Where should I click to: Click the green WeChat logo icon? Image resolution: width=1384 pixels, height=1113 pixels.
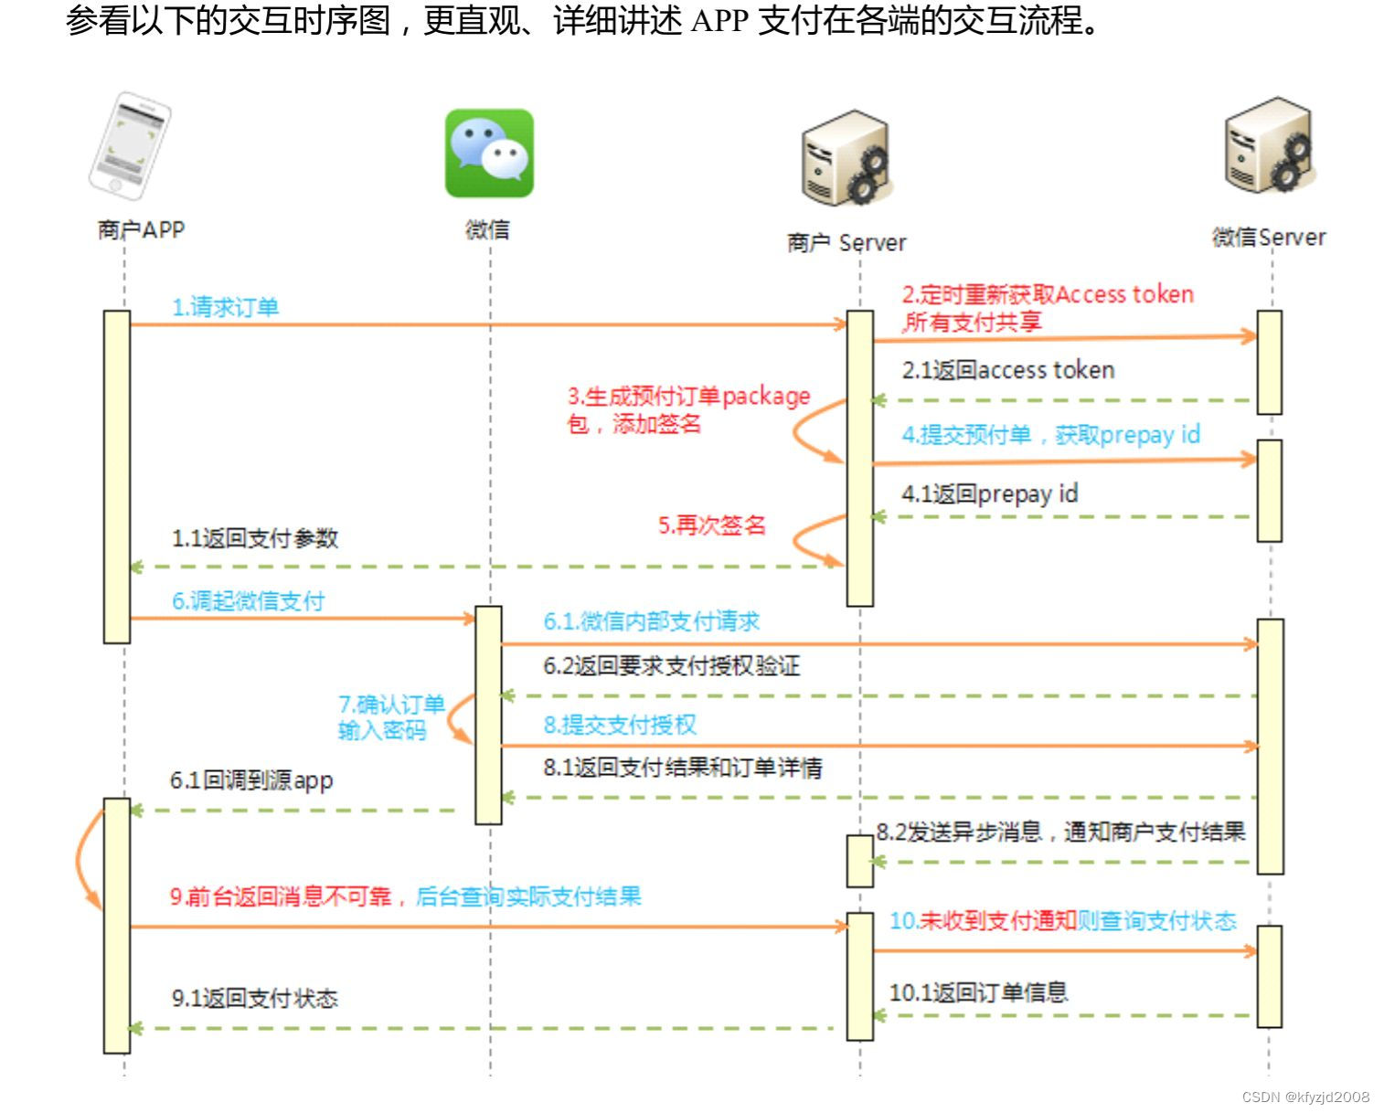[x=489, y=154]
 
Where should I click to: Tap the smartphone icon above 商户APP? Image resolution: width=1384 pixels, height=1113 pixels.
[x=129, y=144]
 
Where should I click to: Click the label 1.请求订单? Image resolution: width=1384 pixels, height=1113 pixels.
[x=225, y=307]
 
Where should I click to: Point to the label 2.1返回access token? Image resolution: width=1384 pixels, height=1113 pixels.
[x=1007, y=370]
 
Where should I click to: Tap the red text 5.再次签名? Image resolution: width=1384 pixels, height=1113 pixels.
[x=711, y=525]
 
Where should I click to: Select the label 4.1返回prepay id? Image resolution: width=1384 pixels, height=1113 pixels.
[x=989, y=494]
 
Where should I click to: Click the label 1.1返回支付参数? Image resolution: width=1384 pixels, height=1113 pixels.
[x=254, y=538]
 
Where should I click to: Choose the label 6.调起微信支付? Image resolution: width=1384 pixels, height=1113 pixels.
[x=248, y=600]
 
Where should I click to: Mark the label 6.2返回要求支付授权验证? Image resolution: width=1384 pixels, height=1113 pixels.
[x=671, y=666]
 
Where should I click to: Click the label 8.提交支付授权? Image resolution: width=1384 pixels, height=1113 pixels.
[x=620, y=725]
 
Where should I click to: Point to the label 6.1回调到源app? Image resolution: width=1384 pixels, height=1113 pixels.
[x=251, y=780]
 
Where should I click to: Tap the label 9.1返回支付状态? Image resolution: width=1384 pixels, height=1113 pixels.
[x=254, y=998]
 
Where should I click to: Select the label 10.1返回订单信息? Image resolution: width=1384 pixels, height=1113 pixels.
[x=978, y=992]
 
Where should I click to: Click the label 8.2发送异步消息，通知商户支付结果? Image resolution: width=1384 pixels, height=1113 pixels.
[x=1060, y=832]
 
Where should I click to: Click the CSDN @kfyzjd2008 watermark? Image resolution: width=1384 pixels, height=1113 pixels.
[x=1304, y=1097]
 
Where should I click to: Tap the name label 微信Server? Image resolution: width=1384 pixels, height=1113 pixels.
[x=1268, y=238]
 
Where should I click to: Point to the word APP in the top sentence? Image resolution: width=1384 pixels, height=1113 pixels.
[x=720, y=20]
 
